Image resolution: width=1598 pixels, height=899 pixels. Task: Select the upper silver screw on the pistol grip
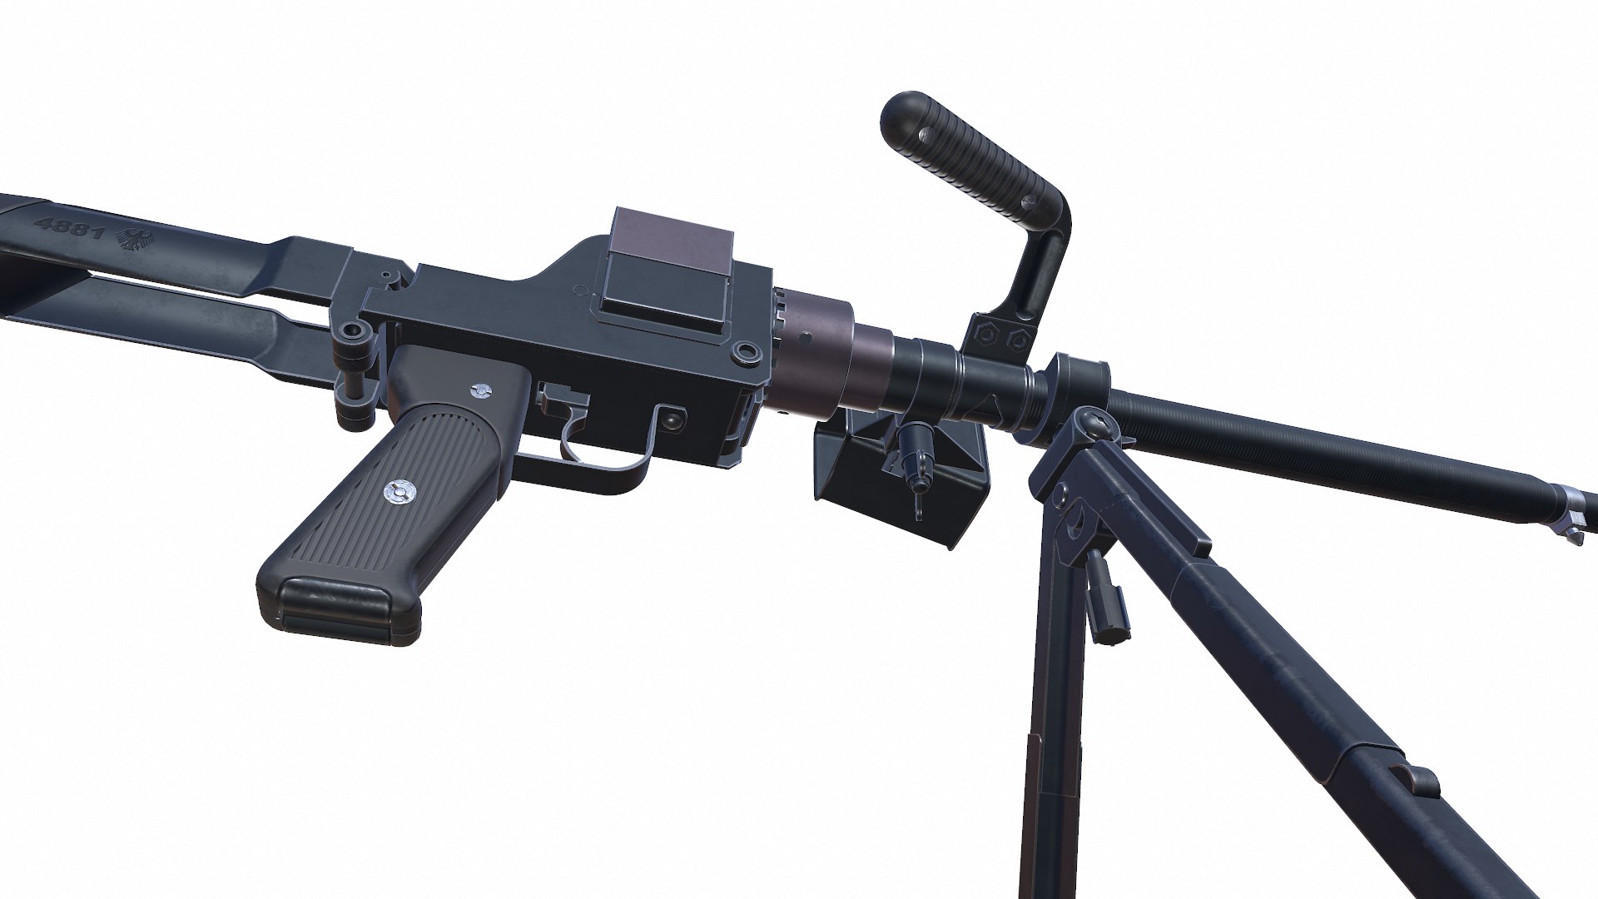479,389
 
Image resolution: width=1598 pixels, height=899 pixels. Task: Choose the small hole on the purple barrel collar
805,338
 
